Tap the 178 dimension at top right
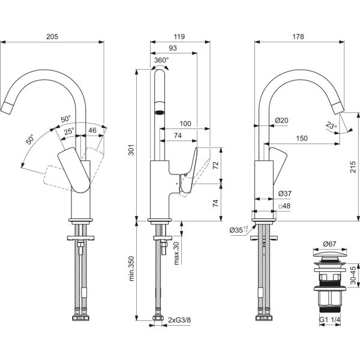click(x=298, y=37)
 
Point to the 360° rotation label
click(x=161, y=60)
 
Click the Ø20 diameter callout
click(x=281, y=121)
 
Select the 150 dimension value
click(x=302, y=139)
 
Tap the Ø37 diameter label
click(x=285, y=193)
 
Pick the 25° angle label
click(x=70, y=130)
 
